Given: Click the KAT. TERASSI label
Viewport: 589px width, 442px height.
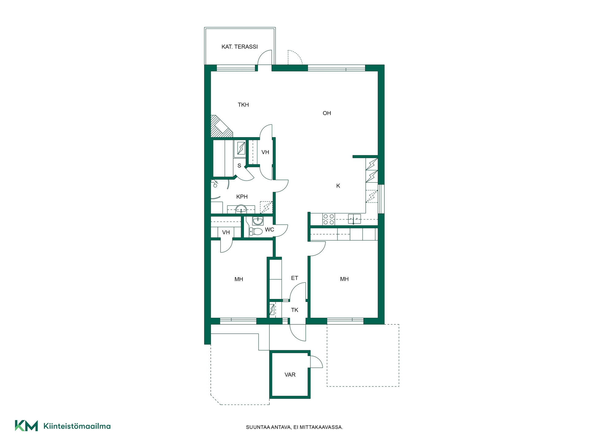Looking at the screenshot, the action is pos(240,47).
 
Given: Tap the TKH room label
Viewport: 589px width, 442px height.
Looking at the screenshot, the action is pos(243,105).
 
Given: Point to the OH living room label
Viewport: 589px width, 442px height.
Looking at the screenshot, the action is pos(327,113).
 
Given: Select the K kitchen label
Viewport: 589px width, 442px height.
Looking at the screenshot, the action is pos(338,186).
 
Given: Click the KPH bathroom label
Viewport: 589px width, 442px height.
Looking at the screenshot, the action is pos(242,197).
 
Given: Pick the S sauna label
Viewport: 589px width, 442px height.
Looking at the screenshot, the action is pos(239,166).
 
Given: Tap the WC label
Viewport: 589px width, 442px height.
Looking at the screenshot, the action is pos(269,230).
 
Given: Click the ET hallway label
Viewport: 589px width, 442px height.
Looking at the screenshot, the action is pos(294,278).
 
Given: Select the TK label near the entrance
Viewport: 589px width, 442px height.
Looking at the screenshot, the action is pos(294,310).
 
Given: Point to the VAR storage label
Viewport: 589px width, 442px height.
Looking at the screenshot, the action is pos(290,375).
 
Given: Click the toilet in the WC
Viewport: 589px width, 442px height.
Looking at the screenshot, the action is pos(256,231).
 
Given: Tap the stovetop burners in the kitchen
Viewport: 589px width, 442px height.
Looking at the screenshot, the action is pos(329,219).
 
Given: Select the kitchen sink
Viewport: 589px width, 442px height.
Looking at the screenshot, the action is pos(354,219).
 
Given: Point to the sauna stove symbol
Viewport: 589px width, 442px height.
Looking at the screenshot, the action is pos(241,148).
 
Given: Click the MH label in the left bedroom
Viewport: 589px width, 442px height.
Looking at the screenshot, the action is pos(239,279).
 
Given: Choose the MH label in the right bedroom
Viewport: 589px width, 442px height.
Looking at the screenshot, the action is pos(344,279).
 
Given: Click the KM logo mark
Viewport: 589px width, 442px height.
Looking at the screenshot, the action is pos(26,426).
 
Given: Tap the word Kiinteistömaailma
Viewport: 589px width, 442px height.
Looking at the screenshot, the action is pos(77,426).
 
